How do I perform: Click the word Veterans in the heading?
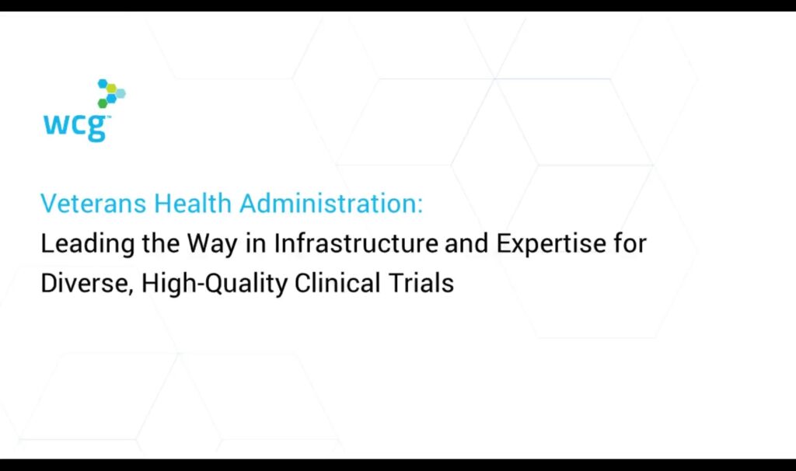[93, 204]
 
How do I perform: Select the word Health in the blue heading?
[193, 204]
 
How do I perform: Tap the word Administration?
[331, 204]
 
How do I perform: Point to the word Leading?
[87, 244]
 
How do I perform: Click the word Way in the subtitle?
[212, 244]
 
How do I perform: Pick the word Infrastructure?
[356, 243]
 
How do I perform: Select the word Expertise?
[551, 244]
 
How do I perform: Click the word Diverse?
[87, 283]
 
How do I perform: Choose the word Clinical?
[337, 283]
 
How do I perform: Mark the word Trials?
[421, 283]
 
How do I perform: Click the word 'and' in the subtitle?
[467, 243]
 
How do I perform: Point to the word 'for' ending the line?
[630, 243]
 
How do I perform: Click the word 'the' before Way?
[160, 243]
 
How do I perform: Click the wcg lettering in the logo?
[75, 127]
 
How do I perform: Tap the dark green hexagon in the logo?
[103, 103]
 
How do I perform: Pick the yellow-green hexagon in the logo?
[111, 89]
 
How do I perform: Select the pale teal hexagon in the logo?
[120, 93]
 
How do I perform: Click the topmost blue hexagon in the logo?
[103, 83]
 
